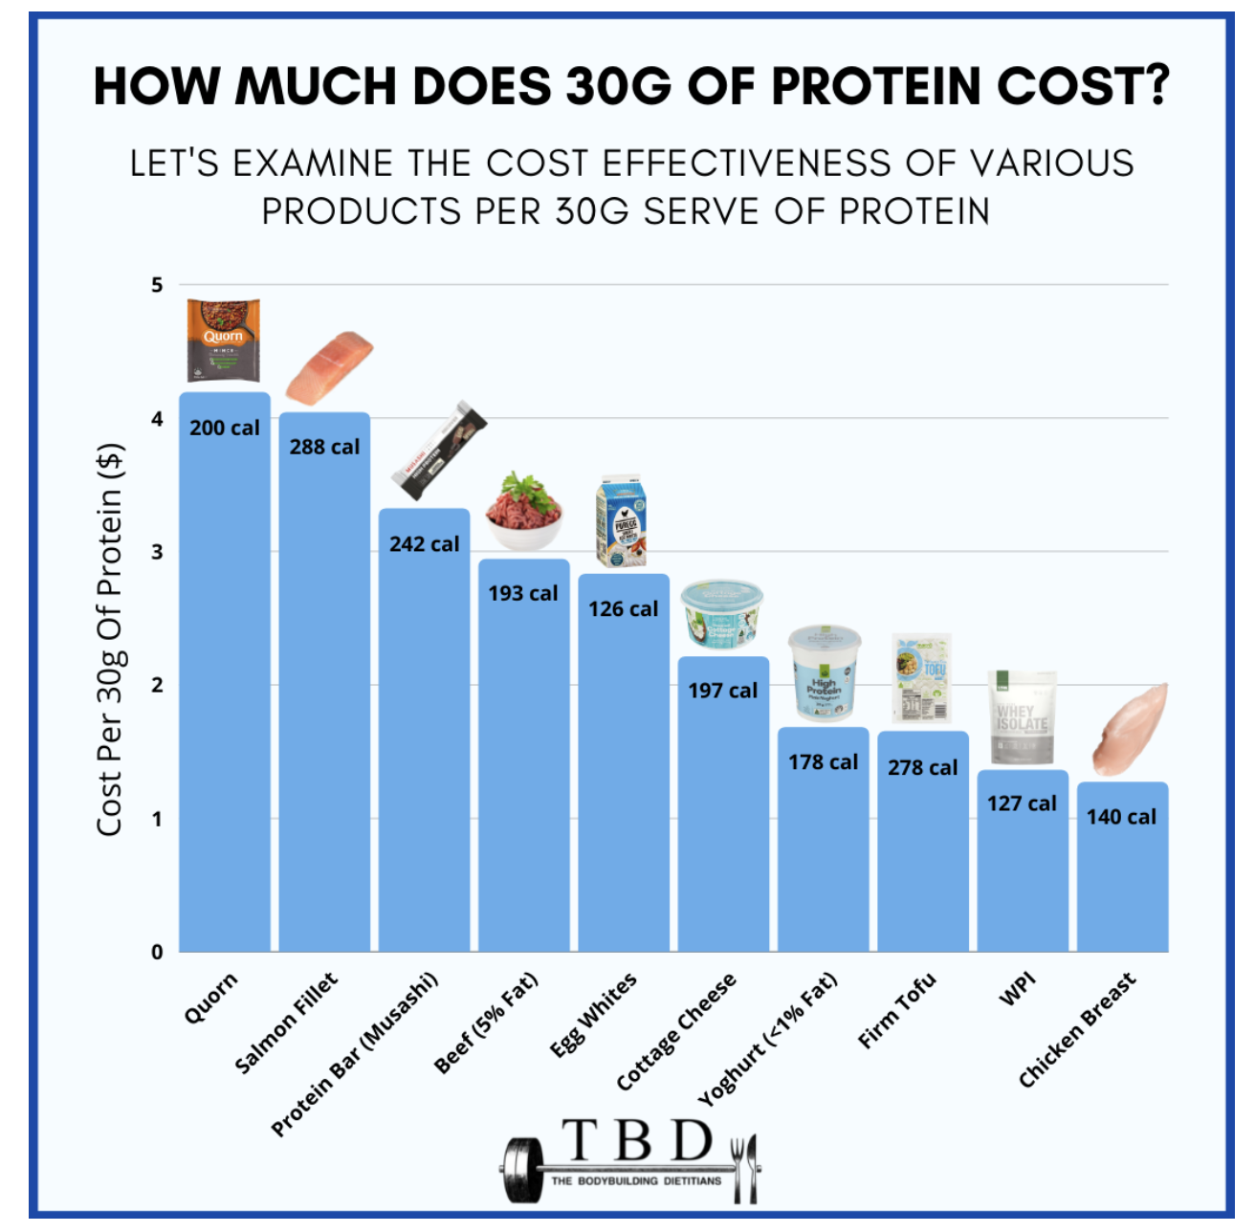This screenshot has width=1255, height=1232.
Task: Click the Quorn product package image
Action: pos(223,341)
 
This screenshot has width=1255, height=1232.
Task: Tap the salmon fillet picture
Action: pos(329,369)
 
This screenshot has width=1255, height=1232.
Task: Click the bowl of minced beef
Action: pos(524,513)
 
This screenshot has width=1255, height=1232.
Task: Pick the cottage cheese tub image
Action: pos(722,614)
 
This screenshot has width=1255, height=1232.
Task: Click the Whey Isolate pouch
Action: pos(1022,716)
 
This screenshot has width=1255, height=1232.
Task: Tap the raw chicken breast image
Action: pos(1131,731)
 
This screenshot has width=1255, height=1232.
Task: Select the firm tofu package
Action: pos(922,677)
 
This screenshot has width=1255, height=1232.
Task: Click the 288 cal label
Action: pos(324,447)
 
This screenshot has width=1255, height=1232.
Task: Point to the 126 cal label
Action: pos(623,609)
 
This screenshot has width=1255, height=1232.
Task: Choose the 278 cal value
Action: pos(922,768)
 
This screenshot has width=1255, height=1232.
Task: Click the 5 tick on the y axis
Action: pos(157,285)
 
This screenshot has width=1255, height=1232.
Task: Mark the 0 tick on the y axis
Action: pos(157,952)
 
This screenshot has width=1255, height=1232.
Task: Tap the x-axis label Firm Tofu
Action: pos(897,1011)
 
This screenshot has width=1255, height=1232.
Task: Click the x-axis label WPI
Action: pos(1018,990)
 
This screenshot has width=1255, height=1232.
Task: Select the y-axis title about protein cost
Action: pos(110,639)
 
